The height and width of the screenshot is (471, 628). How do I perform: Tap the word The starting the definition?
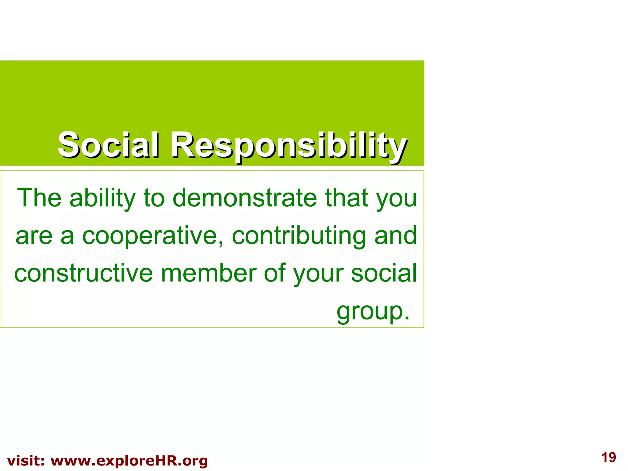39,198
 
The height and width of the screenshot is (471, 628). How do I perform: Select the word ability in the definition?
102,198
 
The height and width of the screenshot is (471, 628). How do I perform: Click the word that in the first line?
347,198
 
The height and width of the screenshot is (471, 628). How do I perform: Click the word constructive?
83,273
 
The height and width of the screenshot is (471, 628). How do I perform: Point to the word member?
209,273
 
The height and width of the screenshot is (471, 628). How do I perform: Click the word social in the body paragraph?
384,273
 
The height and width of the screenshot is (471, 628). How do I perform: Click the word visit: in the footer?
26,461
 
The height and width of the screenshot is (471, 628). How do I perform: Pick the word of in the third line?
274,273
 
